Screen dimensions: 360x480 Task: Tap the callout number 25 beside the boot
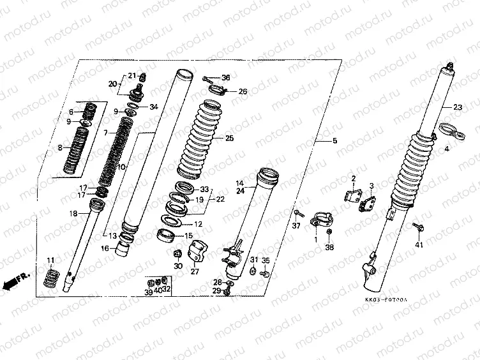tap(230, 138)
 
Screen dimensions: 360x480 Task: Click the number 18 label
tap(73, 213)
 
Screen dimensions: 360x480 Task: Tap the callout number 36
tap(225, 78)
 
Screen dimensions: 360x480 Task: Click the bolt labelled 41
tap(419, 227)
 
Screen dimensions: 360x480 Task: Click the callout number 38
tap(329, 247)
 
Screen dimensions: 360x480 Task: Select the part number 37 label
tap(296, 227)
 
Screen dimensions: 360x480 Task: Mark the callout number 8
tap(59, 147)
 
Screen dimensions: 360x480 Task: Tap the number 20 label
tap(112, 84)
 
